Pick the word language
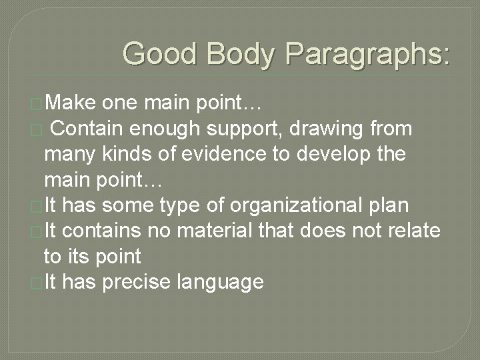221,283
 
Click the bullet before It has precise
38,282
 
